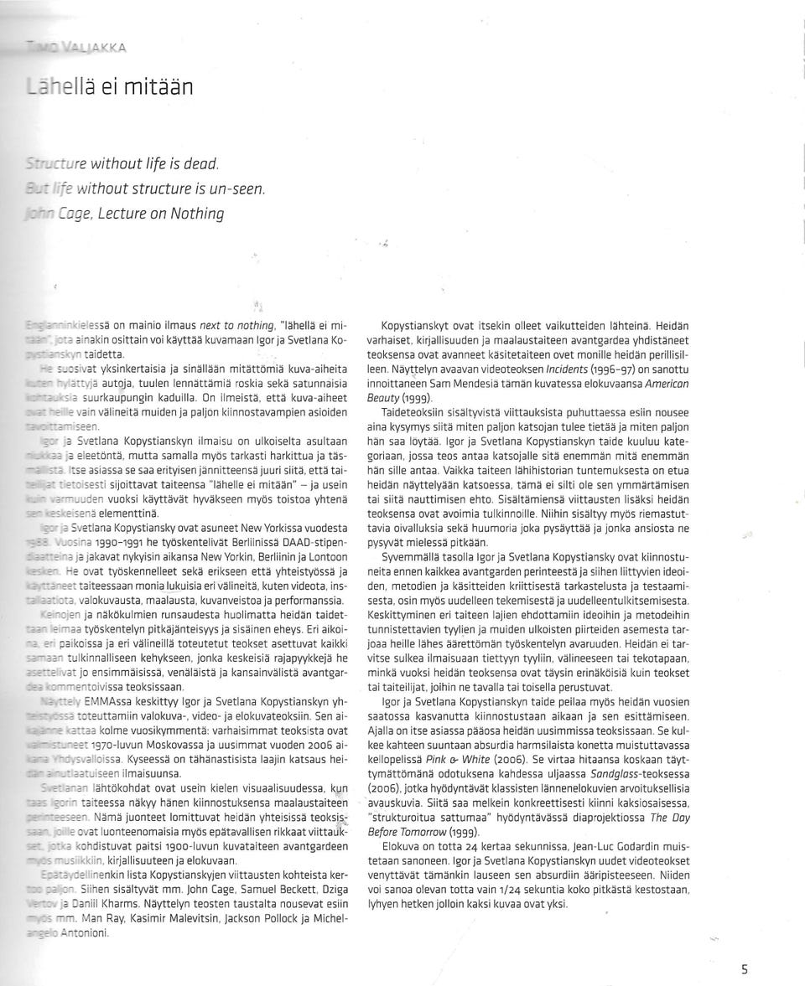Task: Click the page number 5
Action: [745, 970]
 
